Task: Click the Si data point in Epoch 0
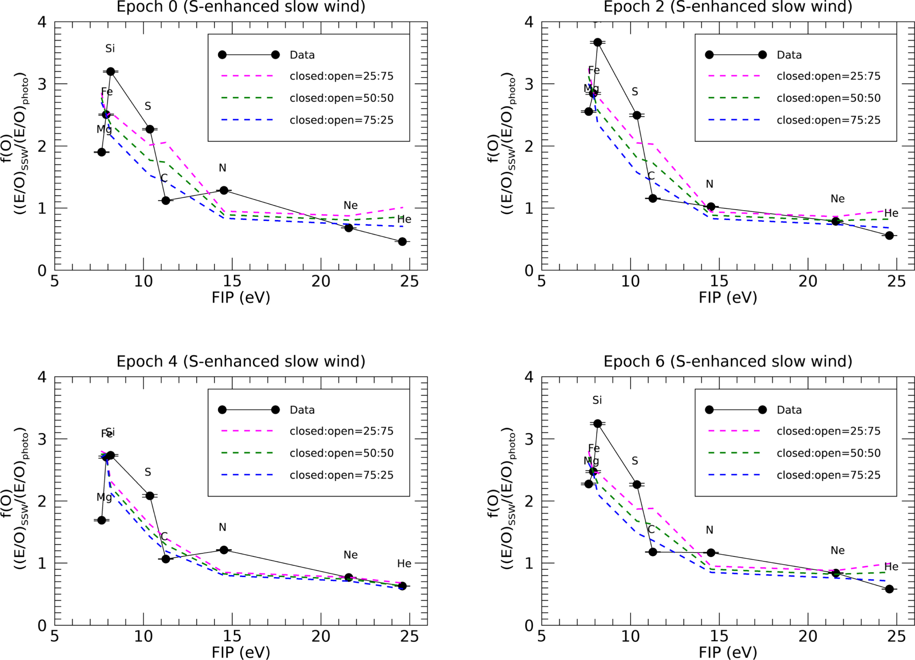110,71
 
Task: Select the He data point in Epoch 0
402,241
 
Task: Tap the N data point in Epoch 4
224,550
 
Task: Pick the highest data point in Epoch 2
597,42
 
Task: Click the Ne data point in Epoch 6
836,573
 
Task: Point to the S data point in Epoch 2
637,115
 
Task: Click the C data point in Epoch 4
166,559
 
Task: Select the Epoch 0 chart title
241,7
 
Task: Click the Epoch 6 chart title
728,361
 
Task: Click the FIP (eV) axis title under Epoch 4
241,652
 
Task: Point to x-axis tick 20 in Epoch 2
808,281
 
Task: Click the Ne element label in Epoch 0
350,205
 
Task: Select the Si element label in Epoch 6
597,400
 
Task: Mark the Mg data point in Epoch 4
102,520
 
